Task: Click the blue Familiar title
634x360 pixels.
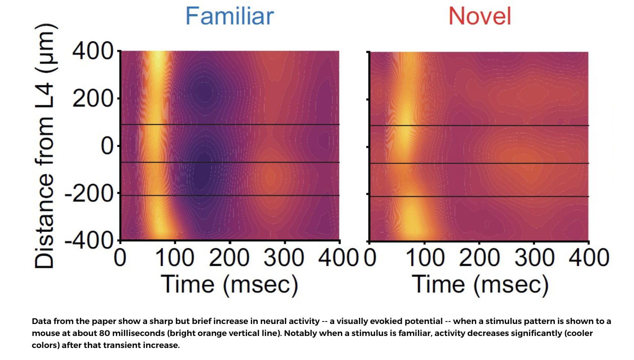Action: (x=230, y=16)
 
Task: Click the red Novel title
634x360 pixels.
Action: (x=480, y=16)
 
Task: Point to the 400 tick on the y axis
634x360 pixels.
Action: (x=93, y=51)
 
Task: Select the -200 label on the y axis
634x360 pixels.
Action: (x=89, y=193)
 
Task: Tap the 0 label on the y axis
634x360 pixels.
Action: (x=107, y=146)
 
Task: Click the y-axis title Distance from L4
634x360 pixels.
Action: (x=45, y=146)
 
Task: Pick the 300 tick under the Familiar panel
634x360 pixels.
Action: (x=284, y=258)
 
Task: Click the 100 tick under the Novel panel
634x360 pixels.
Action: (x=425, y=258)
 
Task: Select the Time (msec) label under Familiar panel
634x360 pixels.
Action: (x=230, y=285)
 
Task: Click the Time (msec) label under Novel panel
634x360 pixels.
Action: (x=480, y=285)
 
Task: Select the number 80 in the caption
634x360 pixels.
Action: (x=105, y=333)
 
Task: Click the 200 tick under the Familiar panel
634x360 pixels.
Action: (x=229, y=258)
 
